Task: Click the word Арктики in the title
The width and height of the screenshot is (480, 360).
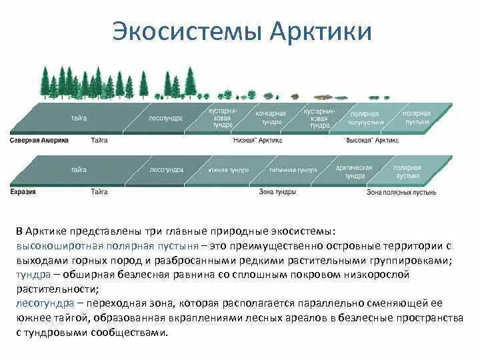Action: (x=322, y=32)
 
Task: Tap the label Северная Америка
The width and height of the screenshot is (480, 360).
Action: (x=38, y=141)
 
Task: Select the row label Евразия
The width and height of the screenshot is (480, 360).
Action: (x=23, y=192)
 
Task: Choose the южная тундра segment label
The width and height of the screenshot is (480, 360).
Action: (x=228, y=170)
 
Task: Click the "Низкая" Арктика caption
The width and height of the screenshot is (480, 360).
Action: (x=257, y=141)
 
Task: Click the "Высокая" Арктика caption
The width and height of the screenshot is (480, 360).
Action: (x=372, y=141)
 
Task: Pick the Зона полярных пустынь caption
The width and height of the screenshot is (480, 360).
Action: (x=401, y=192)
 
